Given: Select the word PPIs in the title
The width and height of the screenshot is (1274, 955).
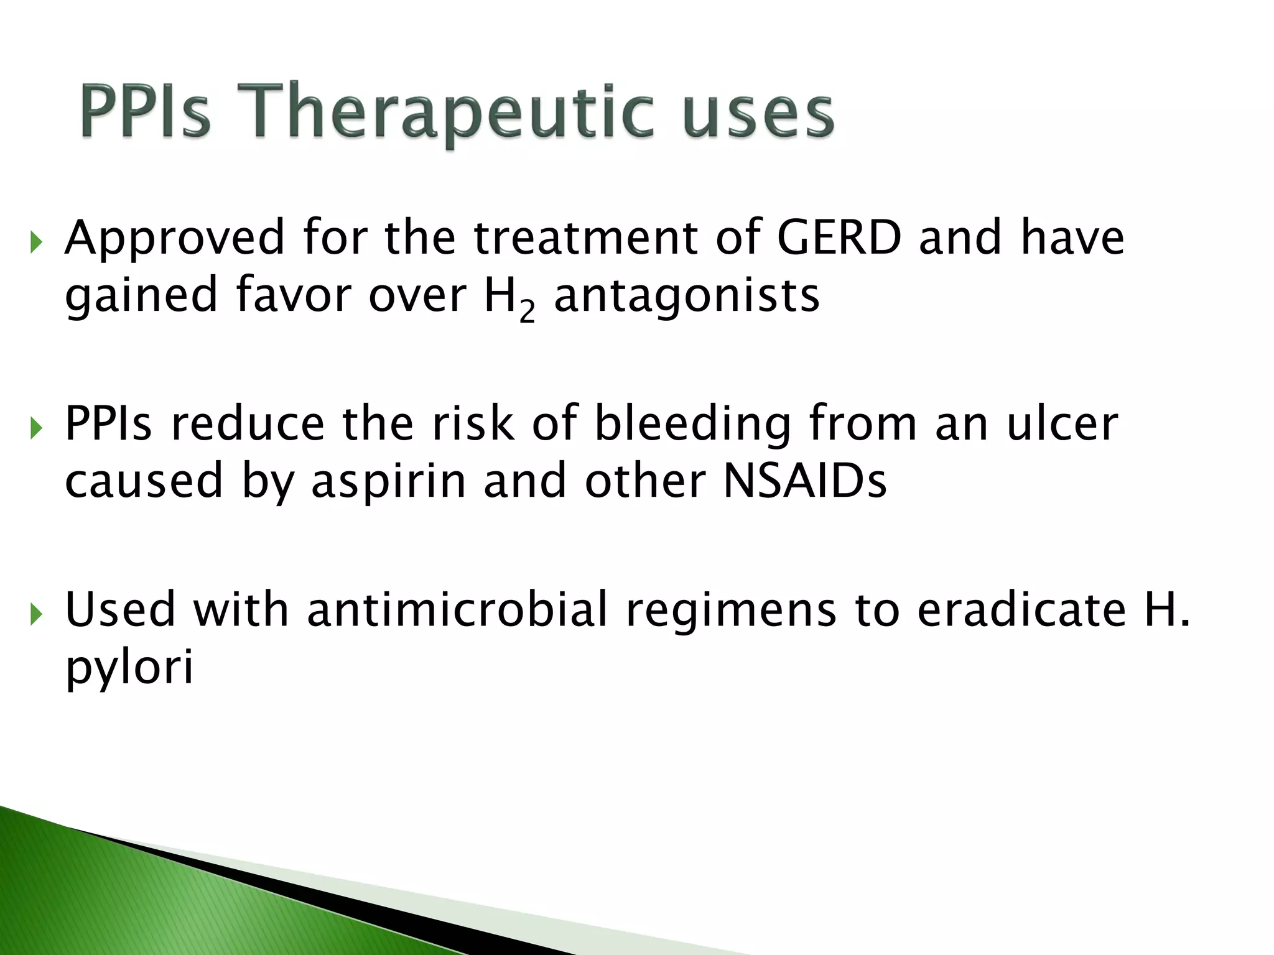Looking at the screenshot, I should [146, 112].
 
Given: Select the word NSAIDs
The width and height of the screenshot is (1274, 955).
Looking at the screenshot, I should [804, 481].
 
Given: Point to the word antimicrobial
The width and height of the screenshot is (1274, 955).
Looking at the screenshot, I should [457, 609].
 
